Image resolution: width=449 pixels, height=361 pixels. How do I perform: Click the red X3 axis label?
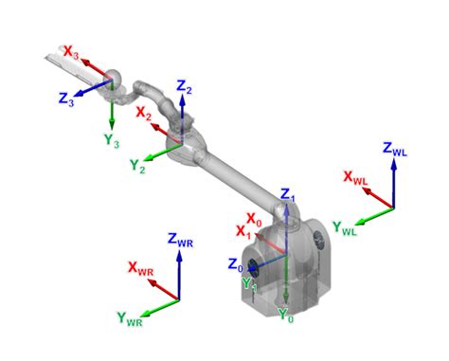click(71, 52)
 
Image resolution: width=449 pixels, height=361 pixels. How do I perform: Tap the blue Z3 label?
click(66, 99)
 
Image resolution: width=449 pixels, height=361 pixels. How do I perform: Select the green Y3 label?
click(112, 140)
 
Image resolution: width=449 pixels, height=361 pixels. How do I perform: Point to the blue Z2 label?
click(184, 87)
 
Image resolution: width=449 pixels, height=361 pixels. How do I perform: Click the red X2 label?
click(144, 114)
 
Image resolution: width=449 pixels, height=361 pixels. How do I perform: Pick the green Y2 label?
click(137, 166)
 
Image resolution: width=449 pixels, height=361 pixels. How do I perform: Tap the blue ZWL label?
click(395, 149)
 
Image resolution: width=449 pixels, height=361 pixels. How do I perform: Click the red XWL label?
click(355, 178)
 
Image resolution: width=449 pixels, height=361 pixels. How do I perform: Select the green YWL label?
click(345, 228)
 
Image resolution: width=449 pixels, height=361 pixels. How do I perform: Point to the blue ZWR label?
click(180, 240)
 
